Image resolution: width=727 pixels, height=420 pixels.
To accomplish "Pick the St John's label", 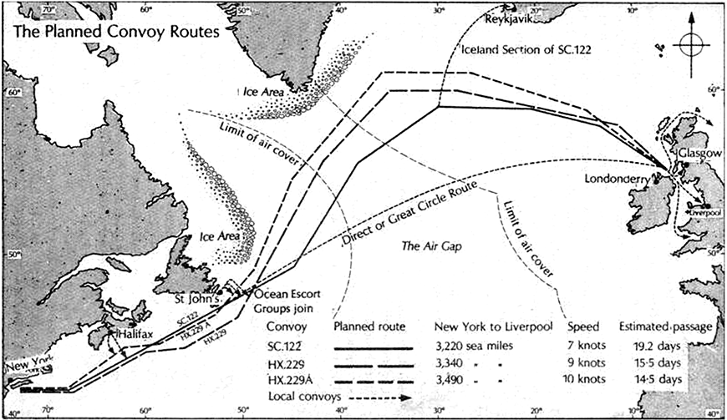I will click(x=197, y=296).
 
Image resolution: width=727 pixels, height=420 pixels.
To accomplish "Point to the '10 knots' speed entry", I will click(x=591, y=380).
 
